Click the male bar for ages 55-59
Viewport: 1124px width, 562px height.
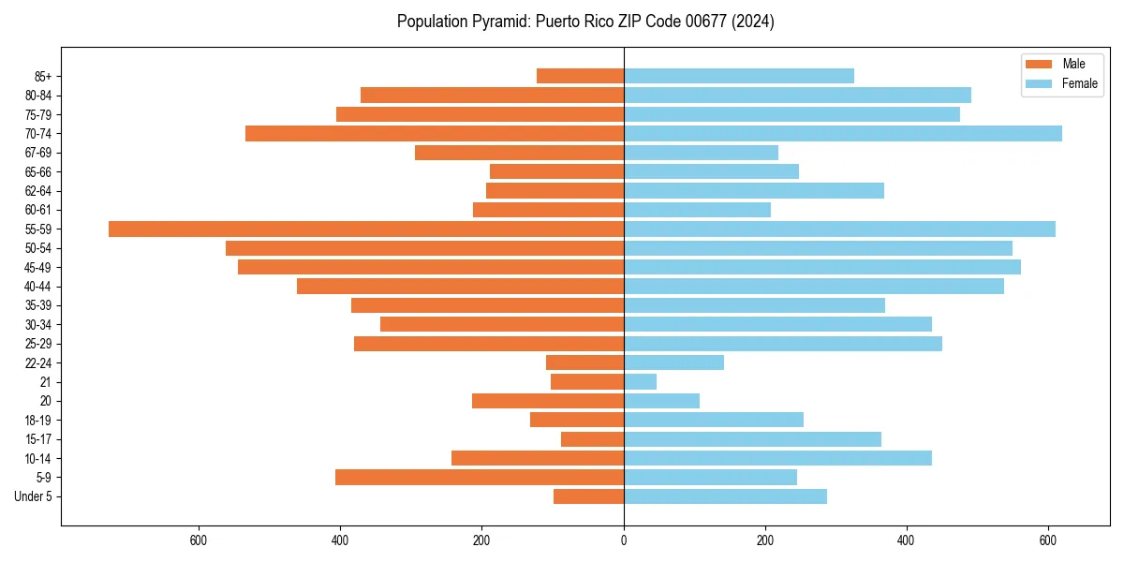click(x=366, y=229)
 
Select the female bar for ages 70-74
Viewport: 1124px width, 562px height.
click(x=843, y=133)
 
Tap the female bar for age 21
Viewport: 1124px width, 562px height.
click(x=641, y=381)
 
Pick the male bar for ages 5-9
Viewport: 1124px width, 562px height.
click(x=480, y=477)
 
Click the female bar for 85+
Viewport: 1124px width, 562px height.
click(x=739, y=76)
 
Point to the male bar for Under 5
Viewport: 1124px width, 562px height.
click(x=588, y=496)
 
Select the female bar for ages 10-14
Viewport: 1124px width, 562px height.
click(x=777, y=458)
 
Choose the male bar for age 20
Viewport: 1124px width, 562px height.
click(x=548, y=401)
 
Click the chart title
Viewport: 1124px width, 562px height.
click(x=585, y=22)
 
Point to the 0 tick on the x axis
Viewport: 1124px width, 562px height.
click(x=624, y=540)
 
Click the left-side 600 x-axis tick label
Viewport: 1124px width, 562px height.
click(x=198, y=540)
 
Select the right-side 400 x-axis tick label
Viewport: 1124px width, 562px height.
click(x=907, y=540)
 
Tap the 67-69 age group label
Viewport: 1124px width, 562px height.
click(x=37, y=153)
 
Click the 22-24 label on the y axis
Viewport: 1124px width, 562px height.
click(x=37, y=362)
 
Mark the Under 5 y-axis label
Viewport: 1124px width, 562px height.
click(x=33, y=496)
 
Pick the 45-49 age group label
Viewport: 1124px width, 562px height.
click(x=37, y=267)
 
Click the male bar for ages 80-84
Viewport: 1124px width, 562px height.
click(x=492, y=95)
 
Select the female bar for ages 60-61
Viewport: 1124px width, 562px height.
click(x=697, y=210)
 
